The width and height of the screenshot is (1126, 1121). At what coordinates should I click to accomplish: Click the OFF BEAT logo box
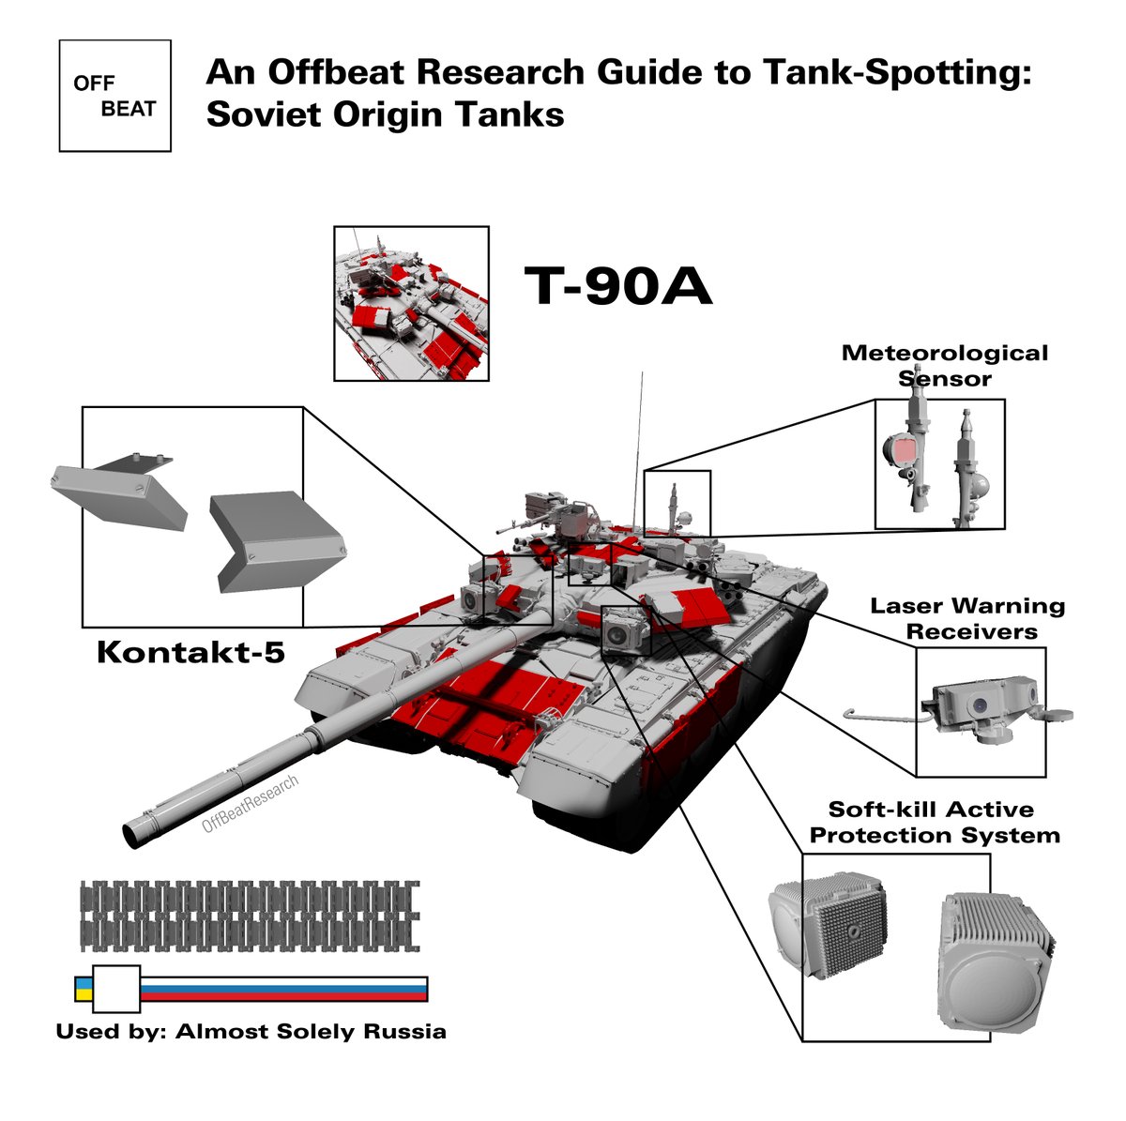click(114, 96)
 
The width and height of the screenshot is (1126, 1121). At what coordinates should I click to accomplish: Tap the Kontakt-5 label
click(190, 652)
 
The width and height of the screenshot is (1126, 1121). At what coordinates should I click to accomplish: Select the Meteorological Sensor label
click(944, 366)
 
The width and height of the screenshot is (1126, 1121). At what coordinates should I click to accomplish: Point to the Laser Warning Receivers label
click(967, 618)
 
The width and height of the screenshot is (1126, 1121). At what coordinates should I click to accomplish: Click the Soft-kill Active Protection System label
click(935, 822)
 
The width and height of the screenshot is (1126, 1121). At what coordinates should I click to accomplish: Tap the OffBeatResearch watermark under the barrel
click(250, 805)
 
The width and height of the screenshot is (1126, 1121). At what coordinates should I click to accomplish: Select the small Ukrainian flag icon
click(83, 988)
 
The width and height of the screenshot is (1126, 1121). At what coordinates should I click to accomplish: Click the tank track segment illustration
click(250, 915)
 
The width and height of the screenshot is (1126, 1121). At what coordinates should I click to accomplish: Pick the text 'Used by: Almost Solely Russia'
click(251, 1032)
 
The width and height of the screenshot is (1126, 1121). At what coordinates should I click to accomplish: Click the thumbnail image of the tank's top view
click(411, 303)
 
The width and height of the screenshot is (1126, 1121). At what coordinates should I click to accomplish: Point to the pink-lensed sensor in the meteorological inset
click(904, 454)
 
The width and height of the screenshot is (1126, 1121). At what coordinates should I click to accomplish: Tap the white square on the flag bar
click(116, 988)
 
